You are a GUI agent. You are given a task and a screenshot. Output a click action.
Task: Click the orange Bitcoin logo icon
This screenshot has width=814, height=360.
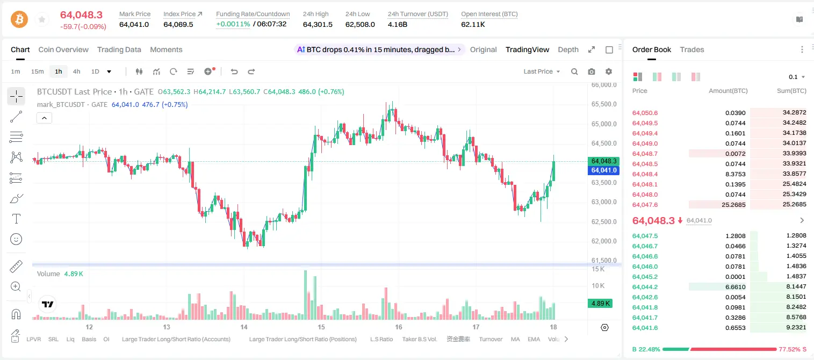19,19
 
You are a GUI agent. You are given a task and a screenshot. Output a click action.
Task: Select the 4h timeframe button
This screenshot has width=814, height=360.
76,71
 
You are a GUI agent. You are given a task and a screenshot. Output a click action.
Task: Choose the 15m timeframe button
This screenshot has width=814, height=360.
38,71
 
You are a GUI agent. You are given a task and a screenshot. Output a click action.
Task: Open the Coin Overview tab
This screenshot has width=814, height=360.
63,49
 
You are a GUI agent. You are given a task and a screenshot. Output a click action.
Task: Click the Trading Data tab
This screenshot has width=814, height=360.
119,49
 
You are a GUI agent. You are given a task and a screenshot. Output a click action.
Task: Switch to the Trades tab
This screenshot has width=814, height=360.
692,49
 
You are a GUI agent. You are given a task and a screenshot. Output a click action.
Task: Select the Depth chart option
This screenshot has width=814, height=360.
568,49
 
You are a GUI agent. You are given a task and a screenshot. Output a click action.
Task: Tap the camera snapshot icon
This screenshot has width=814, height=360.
592,71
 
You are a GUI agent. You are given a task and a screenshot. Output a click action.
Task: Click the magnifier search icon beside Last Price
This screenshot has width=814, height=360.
574,71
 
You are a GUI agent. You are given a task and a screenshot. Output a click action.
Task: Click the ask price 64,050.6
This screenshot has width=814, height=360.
645,113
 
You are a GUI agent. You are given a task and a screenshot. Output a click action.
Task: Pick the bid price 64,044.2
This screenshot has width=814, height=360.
645,287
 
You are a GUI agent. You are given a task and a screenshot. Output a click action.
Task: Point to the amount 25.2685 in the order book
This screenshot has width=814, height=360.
733,205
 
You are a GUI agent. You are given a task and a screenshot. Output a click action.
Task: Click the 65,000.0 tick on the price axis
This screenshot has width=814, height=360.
604,124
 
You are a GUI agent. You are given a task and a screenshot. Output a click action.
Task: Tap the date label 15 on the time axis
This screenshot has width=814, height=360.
321,327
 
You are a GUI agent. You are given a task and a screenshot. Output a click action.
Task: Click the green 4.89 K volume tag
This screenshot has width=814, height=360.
600,304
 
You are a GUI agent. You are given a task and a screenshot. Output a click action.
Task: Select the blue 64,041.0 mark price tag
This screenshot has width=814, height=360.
603,170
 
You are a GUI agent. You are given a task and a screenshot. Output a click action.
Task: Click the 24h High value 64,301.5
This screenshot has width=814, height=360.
318,24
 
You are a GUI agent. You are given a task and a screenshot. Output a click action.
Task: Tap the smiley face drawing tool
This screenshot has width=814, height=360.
16,239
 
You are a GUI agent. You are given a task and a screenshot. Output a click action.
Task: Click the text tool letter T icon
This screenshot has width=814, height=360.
16,219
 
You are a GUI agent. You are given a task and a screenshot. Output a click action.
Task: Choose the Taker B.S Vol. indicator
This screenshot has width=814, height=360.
419,339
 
